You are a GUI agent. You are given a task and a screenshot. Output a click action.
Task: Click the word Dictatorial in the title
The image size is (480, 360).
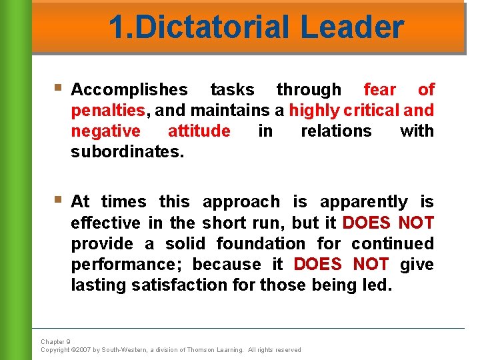tap(209, 28)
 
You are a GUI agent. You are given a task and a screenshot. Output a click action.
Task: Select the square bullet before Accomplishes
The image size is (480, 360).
tap(59, 87)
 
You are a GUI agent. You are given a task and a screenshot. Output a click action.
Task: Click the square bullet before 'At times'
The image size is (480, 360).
tap(59, 199)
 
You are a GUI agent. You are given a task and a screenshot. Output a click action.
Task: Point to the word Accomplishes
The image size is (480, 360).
tap(129, 89)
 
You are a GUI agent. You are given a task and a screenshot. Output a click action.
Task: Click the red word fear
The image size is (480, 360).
tap(380, 89)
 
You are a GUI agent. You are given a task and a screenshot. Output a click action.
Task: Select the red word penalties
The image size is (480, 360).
tap(108, 110)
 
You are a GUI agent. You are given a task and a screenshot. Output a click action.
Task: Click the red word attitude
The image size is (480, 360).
tap(199, 131)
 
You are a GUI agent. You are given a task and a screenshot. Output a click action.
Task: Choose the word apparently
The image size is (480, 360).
tap(364, 201)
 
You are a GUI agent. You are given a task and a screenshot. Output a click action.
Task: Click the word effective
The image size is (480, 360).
tap(105, 223)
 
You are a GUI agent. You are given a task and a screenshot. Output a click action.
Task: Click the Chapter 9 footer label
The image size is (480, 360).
tap(55, 342)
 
